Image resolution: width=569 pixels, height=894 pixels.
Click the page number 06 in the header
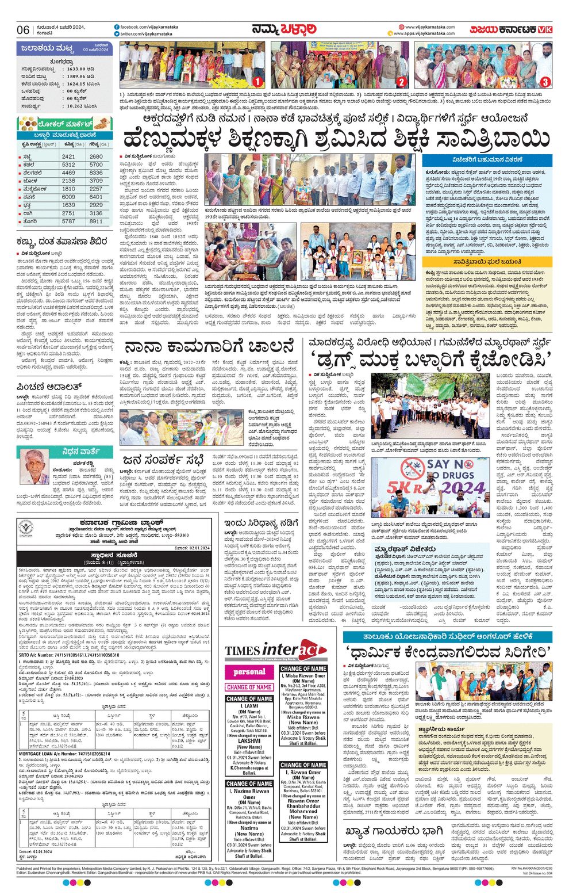click(x=23, y=30)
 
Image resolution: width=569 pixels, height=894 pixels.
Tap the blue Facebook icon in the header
click(x=117, y=27)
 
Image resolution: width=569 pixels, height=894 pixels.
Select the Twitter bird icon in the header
click(x=117, y=35)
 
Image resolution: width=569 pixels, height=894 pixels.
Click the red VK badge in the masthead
click(x=545, y=30)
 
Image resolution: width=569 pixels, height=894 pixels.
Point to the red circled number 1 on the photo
click(x=257, y=82)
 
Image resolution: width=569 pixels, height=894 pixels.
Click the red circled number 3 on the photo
click(x=544, y=82)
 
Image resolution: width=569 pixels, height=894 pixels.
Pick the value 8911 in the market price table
click(x=96, y=221)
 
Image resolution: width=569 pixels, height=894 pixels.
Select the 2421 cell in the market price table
click(x=68, y=156)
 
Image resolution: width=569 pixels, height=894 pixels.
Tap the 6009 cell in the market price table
click(x=68, y=197)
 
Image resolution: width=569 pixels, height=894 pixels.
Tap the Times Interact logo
click(x=276, y=651)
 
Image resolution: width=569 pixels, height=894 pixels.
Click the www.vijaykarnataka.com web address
click(x=429, y=26)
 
